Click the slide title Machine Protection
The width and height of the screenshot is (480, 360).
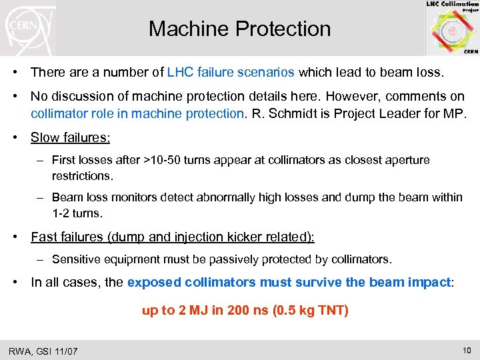click(239, 29)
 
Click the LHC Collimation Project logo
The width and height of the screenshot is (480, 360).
click(452, 27)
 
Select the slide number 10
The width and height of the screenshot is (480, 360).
click(466, 349)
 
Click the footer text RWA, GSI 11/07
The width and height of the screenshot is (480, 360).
click(43, 351)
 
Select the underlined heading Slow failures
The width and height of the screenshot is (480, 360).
click(69, 137)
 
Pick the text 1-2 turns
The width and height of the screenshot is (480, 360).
click(77, 213)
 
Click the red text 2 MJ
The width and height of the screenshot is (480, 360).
click(190, 311)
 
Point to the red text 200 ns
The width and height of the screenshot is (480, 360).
click(244, 311)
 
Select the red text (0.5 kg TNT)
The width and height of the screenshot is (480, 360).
click(311, 311)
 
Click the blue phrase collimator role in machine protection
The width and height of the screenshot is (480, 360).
click(137, 113)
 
